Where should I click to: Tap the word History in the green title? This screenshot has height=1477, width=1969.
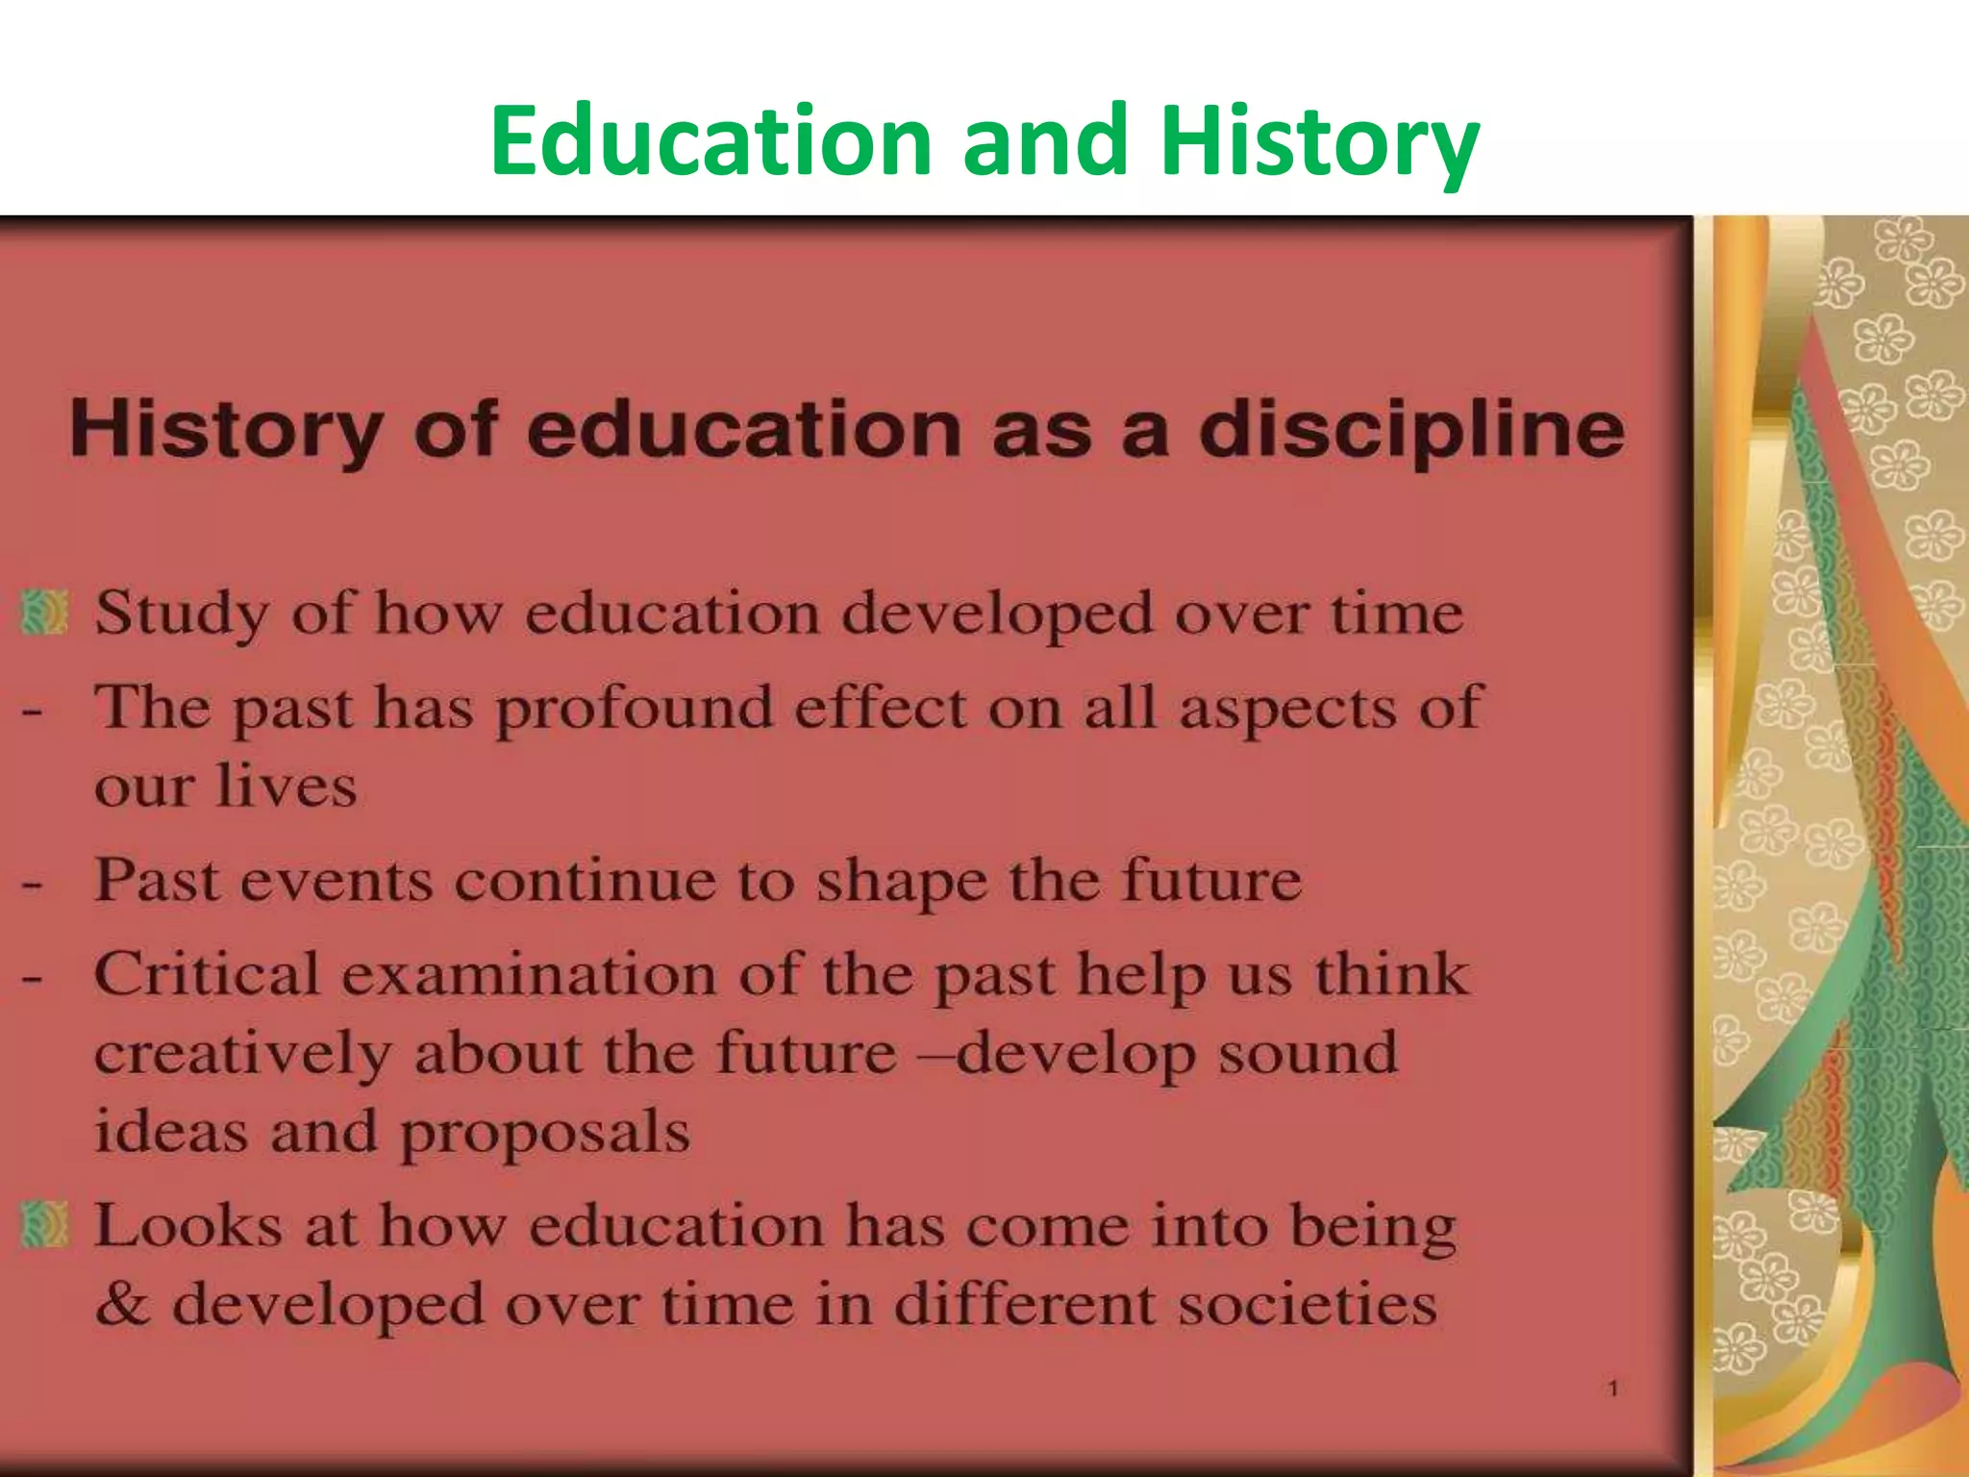pos(1319,142)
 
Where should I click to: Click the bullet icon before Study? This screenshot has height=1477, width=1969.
pos(44,613)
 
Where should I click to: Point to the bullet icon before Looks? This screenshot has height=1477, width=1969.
pos(44,1225)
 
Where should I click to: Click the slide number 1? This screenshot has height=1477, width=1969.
pos(1613,1389)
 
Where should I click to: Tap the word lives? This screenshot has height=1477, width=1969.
pos(287,787)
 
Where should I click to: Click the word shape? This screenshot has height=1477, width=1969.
pos(902,882)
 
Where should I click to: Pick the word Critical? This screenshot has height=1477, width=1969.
pos(207,974)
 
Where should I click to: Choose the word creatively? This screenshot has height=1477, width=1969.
pos(243,1054)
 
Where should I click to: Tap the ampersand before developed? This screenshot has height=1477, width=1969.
pos(123,1305)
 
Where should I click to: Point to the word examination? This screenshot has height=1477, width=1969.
pos(530,974)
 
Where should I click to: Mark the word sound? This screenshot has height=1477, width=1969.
pos(1309,1053)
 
